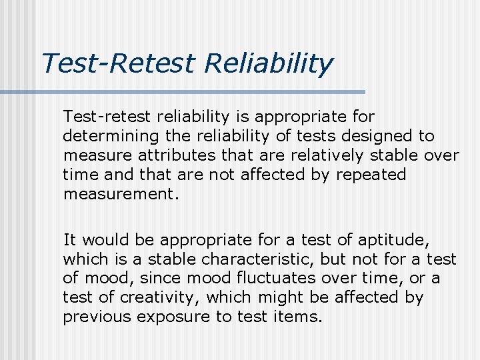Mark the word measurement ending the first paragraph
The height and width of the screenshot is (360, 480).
tap(120, 194)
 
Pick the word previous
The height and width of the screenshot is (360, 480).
tap(92, 317)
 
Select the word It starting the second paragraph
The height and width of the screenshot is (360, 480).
tap(70, 239)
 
